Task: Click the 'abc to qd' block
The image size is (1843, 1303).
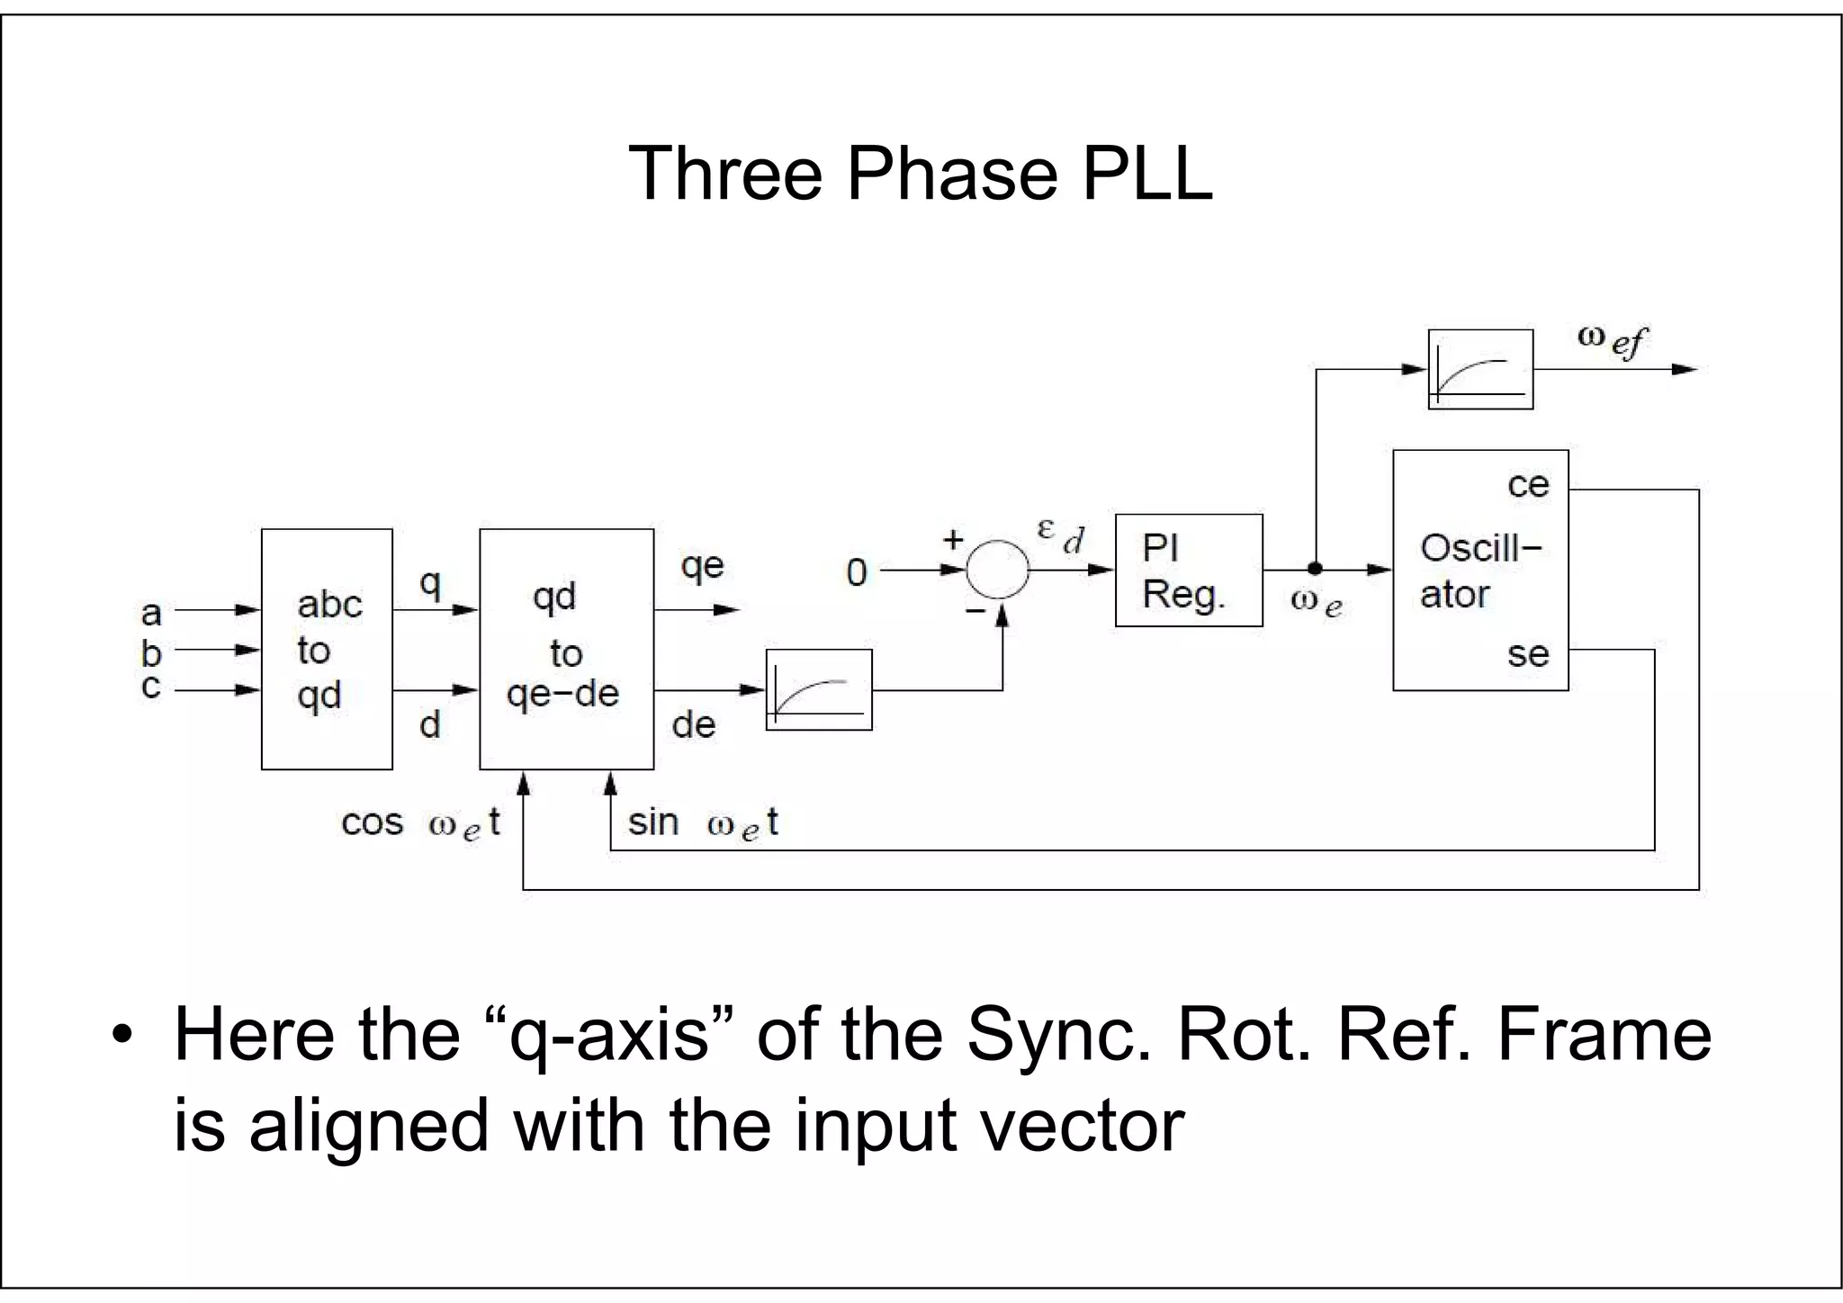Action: tap(327, 649)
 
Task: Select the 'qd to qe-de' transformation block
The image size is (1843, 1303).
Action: tap(566, 649)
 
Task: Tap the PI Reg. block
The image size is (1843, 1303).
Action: tap(1188, 571)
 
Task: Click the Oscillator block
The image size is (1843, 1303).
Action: tap(1479, 571)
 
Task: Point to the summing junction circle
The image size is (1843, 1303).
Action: tap(997, 570)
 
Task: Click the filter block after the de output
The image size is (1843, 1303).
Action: tap(819, 689)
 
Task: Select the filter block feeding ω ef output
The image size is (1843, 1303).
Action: tap(1480, 369)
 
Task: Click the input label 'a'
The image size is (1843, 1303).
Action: tap(151, 613)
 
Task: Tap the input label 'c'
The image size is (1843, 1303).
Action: tap(151, 687)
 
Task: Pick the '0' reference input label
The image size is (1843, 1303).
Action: tap(857, 572)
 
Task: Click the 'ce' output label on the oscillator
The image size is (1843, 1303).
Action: tap(1528, 485)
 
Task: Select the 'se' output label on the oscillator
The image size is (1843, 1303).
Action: tap(1528, 654)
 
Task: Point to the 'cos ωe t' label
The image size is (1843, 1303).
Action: tap(420, 823)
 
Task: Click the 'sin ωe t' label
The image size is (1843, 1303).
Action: tap(703, 823)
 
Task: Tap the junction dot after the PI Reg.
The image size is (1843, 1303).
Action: tap(1315, 569)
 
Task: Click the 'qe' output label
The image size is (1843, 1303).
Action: tap(702, 566)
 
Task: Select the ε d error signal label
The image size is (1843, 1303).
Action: tap(1061, 535)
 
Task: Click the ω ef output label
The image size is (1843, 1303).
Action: tap(1612, 340)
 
